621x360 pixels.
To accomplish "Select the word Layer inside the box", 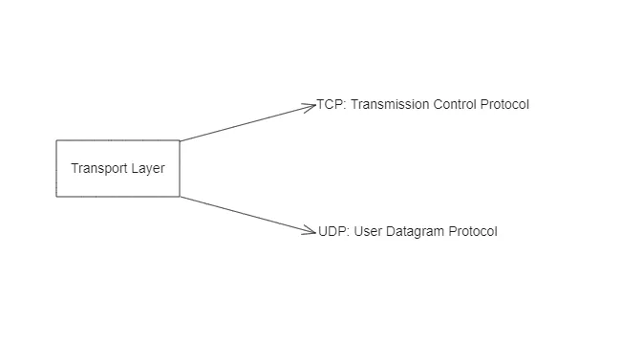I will point(148,168).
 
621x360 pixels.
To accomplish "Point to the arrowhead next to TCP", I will point(310,105).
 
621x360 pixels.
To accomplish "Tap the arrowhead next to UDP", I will point(310,230).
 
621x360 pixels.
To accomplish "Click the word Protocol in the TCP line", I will point(507,104).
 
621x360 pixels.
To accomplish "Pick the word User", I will point(369,231).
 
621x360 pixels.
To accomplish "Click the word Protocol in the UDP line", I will point(475,231).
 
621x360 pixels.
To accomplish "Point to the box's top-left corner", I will point(56,140).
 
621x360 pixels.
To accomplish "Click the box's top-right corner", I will point(180,140).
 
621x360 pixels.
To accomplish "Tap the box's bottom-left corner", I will point(56,197).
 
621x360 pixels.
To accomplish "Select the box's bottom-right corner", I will point(180,197).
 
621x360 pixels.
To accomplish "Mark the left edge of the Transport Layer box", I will point(56,168).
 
